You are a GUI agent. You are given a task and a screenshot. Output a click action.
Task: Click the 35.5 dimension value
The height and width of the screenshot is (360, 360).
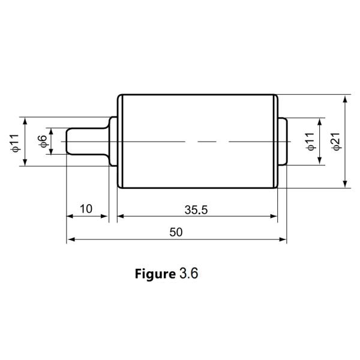pos(196,210)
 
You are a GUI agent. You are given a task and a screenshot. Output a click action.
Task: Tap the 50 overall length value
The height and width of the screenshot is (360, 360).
pos(176,232)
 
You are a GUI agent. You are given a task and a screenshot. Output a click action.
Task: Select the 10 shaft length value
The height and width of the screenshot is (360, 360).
pos(86,209)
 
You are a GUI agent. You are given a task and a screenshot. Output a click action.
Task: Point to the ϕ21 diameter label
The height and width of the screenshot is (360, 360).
pos(336,142)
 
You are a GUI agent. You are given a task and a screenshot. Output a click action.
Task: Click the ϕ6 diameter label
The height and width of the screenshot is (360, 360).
pos(43,142)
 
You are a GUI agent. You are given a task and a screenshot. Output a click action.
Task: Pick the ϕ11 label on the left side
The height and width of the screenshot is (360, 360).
pos(16,143)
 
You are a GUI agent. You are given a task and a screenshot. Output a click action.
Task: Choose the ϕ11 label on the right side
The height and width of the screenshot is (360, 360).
pos(310,142)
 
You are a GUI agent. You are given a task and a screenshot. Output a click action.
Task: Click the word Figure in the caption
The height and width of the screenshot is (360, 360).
pos(155,274)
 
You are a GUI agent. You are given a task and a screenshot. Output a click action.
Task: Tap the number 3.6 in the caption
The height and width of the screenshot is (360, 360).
pos(188,274)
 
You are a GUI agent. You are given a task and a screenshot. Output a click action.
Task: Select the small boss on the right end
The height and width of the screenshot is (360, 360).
pos(283,142)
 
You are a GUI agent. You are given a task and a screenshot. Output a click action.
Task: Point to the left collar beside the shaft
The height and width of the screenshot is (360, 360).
pos(113,142)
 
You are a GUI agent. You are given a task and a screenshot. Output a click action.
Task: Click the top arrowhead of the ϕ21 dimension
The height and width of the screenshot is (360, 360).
pos(345,100)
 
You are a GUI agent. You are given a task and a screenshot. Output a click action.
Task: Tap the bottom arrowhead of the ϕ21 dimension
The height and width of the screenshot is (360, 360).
pos(345,184)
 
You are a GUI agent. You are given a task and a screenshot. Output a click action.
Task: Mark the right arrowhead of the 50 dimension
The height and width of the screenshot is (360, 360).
pos(283,239)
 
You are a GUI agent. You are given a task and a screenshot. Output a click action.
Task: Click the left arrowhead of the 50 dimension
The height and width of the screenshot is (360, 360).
pos(71,239)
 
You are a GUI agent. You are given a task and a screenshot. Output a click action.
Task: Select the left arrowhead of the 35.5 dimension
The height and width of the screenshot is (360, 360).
pos(121,216)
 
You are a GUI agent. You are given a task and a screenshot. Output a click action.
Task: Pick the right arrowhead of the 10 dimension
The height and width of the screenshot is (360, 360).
pos(104,216)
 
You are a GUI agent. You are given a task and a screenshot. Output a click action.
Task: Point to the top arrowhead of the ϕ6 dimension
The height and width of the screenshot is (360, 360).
pos(51,131)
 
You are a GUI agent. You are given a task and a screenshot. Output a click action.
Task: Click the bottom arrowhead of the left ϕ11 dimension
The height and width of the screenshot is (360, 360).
pos(25,162)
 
